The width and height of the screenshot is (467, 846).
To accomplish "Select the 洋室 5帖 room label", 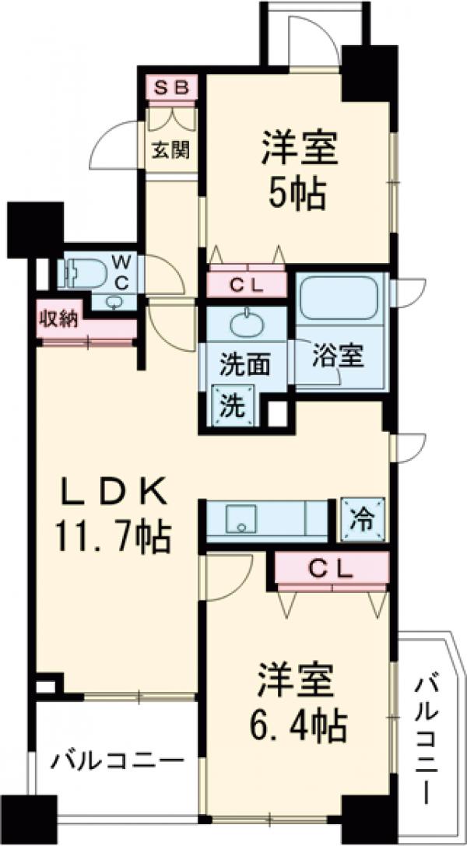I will [300, 170].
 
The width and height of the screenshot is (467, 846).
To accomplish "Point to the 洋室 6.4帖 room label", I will [300, 704].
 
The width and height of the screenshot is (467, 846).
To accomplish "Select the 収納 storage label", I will [58, 319].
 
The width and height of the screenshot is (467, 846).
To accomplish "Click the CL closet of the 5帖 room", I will [248, 285].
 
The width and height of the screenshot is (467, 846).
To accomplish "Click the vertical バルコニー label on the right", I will [430, 739].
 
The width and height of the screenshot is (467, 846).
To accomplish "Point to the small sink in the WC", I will [115, 302].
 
